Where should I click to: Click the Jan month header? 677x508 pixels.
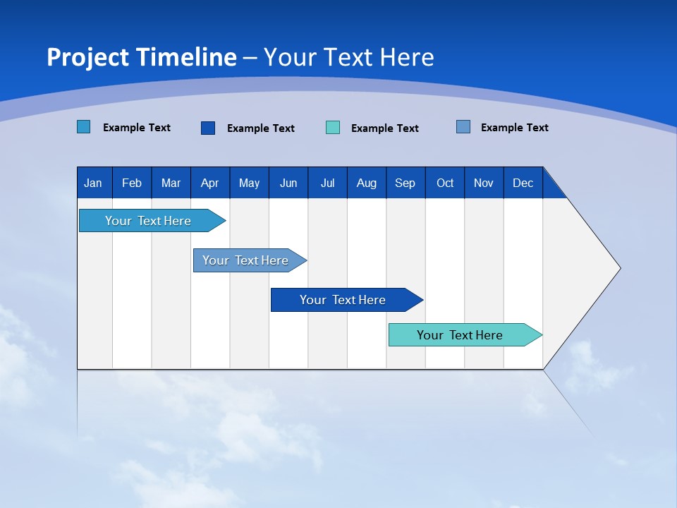tap(94, 183)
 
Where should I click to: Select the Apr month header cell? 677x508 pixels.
tap(210, 183)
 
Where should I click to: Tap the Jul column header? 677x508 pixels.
tap(327, 183)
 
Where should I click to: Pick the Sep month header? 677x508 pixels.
tap(405, 183)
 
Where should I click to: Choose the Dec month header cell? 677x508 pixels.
tap(523, 183)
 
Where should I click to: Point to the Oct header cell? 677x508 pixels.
tap(445, 183)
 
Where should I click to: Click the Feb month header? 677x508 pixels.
tap(132, 183)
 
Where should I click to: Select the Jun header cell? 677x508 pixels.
tap(288, 183)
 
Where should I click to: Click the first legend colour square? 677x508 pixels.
tap(84, 127)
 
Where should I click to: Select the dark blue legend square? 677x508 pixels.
tap(208, 128)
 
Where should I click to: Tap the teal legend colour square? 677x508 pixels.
tap(333, 128)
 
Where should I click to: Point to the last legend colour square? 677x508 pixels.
tap(463, 127)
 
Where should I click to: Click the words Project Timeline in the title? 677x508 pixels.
tap(142, 57)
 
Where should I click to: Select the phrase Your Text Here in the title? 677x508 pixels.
tap(348, 57)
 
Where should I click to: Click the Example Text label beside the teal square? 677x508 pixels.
tap(385, 128)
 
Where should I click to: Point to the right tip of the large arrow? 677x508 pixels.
tap(618, 268)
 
